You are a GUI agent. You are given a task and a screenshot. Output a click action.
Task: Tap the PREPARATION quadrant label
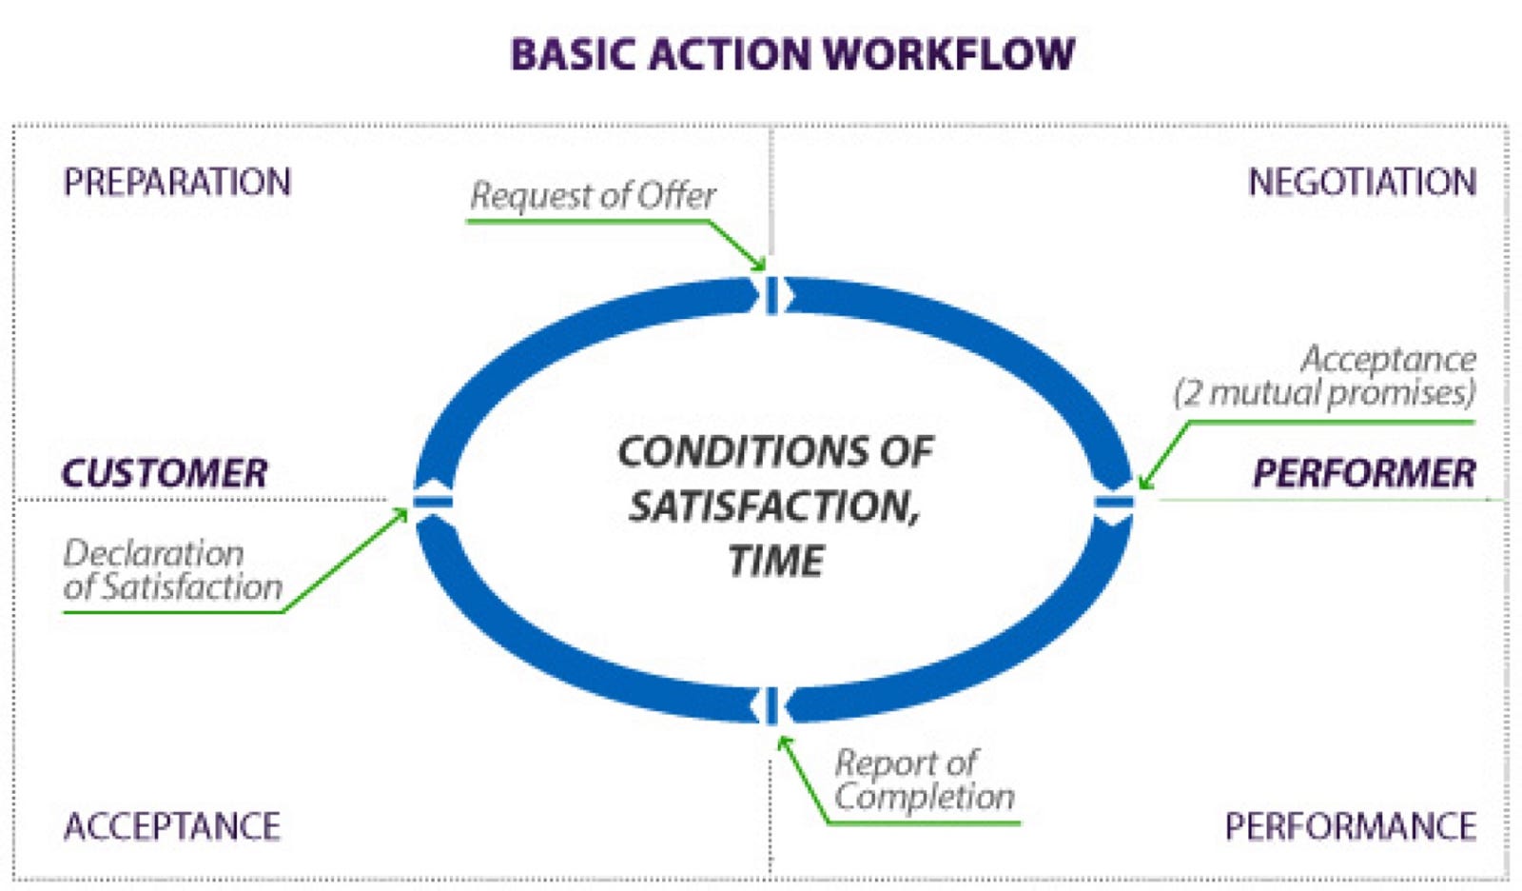[177, 182]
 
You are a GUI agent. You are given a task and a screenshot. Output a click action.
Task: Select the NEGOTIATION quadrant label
[1362, 182]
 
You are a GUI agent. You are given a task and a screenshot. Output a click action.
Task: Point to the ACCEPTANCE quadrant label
[172, 826]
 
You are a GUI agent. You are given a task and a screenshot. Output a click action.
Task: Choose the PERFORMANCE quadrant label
[1351, 826]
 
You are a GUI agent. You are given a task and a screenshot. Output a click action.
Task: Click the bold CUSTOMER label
[165, 473]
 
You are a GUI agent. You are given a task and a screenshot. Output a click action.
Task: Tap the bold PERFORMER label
[1364, 473]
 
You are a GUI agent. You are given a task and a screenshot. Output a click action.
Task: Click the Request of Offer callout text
[593, 196]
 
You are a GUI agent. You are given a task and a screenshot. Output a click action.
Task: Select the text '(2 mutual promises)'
[1325, 394]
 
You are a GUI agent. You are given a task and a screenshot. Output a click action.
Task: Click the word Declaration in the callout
[153, 554]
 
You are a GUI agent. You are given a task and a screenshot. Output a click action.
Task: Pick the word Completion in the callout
[924, 797]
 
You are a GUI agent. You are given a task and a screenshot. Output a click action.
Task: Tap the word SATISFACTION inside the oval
[774, 506]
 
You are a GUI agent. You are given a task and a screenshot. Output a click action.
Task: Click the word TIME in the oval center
[776, 561]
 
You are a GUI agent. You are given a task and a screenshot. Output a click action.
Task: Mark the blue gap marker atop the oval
[771, 296]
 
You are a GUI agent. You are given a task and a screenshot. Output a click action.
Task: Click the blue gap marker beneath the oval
[771, 706]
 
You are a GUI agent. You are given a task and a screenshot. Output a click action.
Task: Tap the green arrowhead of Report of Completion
[783, 742]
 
